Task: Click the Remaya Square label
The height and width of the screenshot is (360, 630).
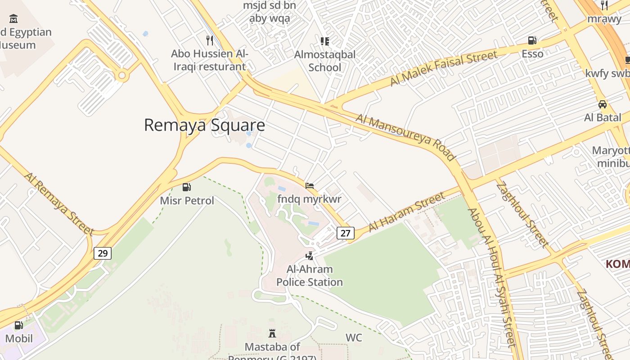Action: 204,125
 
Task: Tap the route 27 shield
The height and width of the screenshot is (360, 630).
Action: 345,233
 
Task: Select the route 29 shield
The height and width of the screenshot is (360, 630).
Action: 103,253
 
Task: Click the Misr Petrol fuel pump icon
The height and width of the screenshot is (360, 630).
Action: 186,187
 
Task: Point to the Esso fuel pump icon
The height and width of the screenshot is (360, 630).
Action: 532,40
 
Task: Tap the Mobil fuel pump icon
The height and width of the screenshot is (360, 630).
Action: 18,325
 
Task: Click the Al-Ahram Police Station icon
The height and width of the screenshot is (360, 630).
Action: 309,256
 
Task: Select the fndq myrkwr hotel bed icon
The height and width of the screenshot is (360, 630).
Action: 309,185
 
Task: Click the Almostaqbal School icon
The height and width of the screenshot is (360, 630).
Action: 324,41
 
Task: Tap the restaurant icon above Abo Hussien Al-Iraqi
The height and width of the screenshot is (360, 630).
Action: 209,40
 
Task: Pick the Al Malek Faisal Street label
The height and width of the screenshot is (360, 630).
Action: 444,68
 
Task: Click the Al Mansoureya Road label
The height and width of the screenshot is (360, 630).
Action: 405,137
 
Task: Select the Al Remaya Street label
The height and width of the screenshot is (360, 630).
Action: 59,203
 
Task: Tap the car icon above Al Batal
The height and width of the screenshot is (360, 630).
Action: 602,104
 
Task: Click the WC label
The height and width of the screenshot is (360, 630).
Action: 354,337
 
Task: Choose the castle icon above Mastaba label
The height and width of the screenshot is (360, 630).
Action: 272,333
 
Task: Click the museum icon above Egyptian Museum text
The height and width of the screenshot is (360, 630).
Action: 13,19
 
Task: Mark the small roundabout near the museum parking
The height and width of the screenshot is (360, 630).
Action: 121,75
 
